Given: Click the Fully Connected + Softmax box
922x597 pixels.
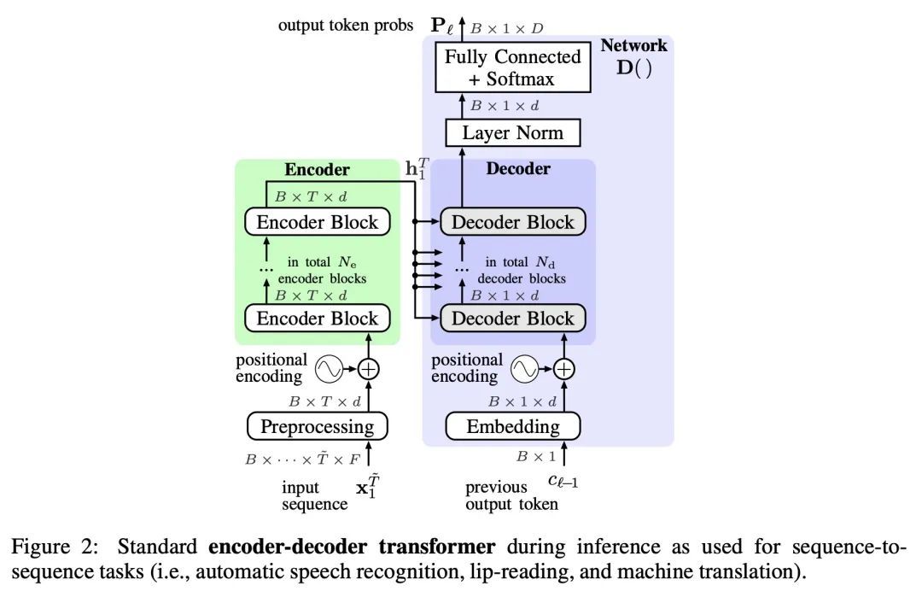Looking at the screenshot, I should (x=514, y=68).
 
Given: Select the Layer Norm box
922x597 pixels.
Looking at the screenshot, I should (x=513, y=133).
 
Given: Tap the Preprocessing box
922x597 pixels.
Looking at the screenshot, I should (x=317, y=425).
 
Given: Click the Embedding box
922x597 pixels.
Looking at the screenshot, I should (x=513, y=425).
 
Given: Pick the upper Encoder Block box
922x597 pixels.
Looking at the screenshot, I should (x=318, y=222).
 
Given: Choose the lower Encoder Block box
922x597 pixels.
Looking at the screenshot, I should (x=318, y=319).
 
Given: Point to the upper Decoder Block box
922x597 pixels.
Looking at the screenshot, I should (x=513, y=222).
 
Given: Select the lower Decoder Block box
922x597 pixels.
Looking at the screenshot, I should (x=513, y=319).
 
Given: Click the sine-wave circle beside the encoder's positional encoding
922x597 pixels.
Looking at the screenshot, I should (x=329, y=369).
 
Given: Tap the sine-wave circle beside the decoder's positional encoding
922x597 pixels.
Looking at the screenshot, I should (x=524, y=369).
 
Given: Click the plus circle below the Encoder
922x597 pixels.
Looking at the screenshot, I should (x=368, y=369).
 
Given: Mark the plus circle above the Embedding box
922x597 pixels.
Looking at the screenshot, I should (x=563, y=369).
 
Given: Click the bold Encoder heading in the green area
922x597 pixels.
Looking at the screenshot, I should (x=317, y=169).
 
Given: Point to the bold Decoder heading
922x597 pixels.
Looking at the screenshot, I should (x=518, y=168).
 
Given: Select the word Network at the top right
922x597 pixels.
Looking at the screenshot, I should (x=633, y=45).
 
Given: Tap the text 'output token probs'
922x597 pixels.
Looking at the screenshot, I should (x=346, y=26).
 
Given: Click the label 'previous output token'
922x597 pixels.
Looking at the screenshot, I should (x=511, y=495).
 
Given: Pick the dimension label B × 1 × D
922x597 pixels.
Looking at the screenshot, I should (x=506, y=27).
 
